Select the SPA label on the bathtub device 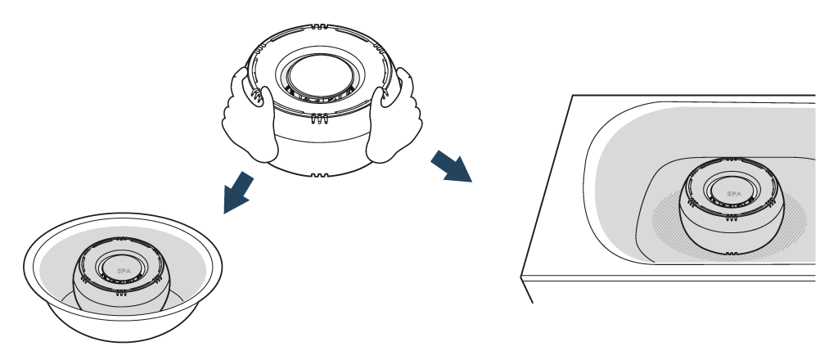pos(734,194)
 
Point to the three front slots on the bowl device pos(120,291)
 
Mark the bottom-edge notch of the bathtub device pos(731,254)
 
